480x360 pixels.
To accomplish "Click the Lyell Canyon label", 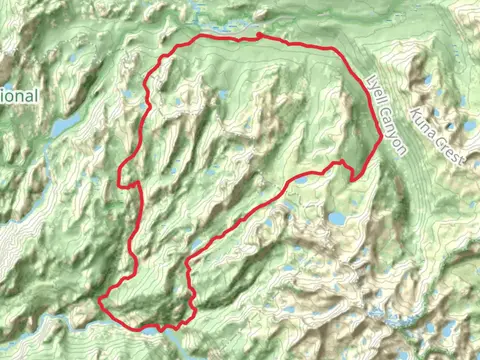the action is [387, 115].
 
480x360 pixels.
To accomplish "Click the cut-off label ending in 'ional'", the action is [19, 96].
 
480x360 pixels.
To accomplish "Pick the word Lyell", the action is [375, 92].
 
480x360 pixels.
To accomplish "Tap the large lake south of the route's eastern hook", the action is [336, 217].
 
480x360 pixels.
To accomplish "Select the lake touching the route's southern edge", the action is [150, 329].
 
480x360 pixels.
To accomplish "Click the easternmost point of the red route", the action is [379, 140].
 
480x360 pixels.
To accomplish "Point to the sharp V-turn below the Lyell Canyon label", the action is [354, 179].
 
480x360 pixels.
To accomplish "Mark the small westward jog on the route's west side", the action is [121, 183].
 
